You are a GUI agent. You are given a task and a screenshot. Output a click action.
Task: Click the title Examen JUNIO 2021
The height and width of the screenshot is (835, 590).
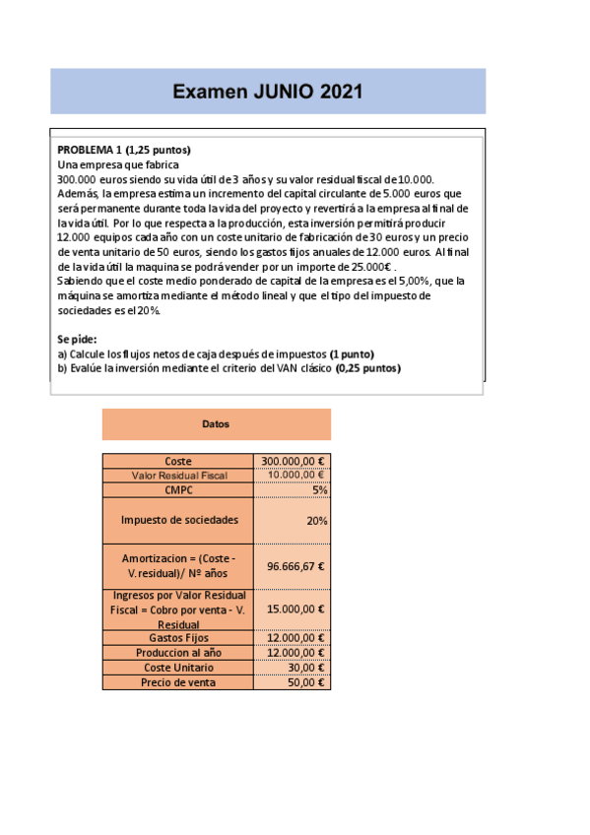[268, 93]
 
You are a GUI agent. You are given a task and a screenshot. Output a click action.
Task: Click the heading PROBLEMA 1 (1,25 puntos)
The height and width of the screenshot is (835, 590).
[124, 150]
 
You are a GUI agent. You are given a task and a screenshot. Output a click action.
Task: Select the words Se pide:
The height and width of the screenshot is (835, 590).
[78, 339]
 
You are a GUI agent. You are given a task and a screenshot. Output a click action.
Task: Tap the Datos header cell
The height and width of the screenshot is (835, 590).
[216, 424]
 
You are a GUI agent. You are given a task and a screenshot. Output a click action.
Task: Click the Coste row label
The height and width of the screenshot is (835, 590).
[178, 461]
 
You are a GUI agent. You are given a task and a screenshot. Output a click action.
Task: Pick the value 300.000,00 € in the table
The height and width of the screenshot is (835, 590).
[293, 461]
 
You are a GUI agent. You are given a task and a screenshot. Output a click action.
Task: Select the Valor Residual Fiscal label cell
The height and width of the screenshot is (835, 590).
[178, 476]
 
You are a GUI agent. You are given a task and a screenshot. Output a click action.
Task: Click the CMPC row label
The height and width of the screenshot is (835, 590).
[178, 489]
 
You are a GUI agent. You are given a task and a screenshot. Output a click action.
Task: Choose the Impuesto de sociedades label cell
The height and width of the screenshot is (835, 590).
[178, 520]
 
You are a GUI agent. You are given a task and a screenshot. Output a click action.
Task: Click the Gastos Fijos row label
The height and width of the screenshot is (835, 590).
[178, 638]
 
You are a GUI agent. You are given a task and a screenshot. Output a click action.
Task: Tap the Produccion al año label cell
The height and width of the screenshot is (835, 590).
[178, 653]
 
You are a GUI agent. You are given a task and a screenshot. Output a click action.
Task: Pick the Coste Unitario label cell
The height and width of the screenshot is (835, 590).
[178, 668]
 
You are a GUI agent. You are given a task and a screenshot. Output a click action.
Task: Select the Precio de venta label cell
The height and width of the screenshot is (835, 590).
[178, 682]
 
